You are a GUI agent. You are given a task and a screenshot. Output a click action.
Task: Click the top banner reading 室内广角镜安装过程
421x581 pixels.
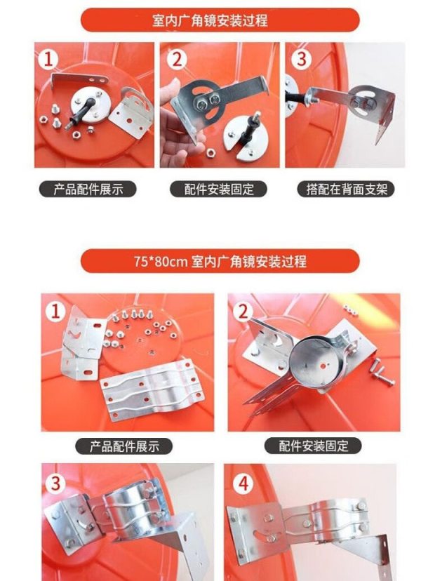(x=220, y=20)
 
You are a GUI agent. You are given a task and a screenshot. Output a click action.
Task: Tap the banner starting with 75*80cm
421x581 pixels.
(x=220, y=261)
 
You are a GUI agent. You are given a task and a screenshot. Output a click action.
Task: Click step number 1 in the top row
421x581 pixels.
(x=48, y=59)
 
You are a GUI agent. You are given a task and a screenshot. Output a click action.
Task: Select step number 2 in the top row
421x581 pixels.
(x=177, y=59)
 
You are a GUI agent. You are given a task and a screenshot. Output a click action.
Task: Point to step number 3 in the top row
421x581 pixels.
(x=301, y=59)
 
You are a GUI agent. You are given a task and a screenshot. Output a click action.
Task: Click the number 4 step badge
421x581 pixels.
(x=243, y=483)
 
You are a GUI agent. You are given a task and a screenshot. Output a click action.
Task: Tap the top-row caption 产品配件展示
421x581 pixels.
(x=88, y=189)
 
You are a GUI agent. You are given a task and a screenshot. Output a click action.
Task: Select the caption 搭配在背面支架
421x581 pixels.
(x=346, y=189)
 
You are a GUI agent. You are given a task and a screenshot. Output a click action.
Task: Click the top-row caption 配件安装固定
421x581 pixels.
(x=219, y=189)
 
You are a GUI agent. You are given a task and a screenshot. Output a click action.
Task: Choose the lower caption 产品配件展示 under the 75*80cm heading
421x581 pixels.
(x=124, y=446)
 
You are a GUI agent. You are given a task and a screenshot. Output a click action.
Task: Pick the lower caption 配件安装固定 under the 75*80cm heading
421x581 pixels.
(x=313, y=446)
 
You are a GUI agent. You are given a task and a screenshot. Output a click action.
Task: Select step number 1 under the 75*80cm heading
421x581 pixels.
(x=55, y=312)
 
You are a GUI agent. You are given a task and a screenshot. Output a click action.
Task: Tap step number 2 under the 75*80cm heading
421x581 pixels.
(x=243, y=312)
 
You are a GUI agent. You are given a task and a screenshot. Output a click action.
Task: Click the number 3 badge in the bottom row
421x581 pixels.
(x=55, y=483)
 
